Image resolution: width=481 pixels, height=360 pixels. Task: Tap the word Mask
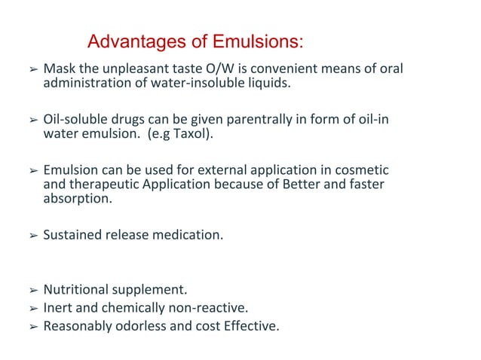coord(58,70)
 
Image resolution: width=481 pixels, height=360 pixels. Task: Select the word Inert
coord(58,308)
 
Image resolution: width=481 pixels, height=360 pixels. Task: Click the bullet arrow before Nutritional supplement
coord(32,290)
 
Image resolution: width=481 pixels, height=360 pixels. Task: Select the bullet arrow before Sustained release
coord(32,236)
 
